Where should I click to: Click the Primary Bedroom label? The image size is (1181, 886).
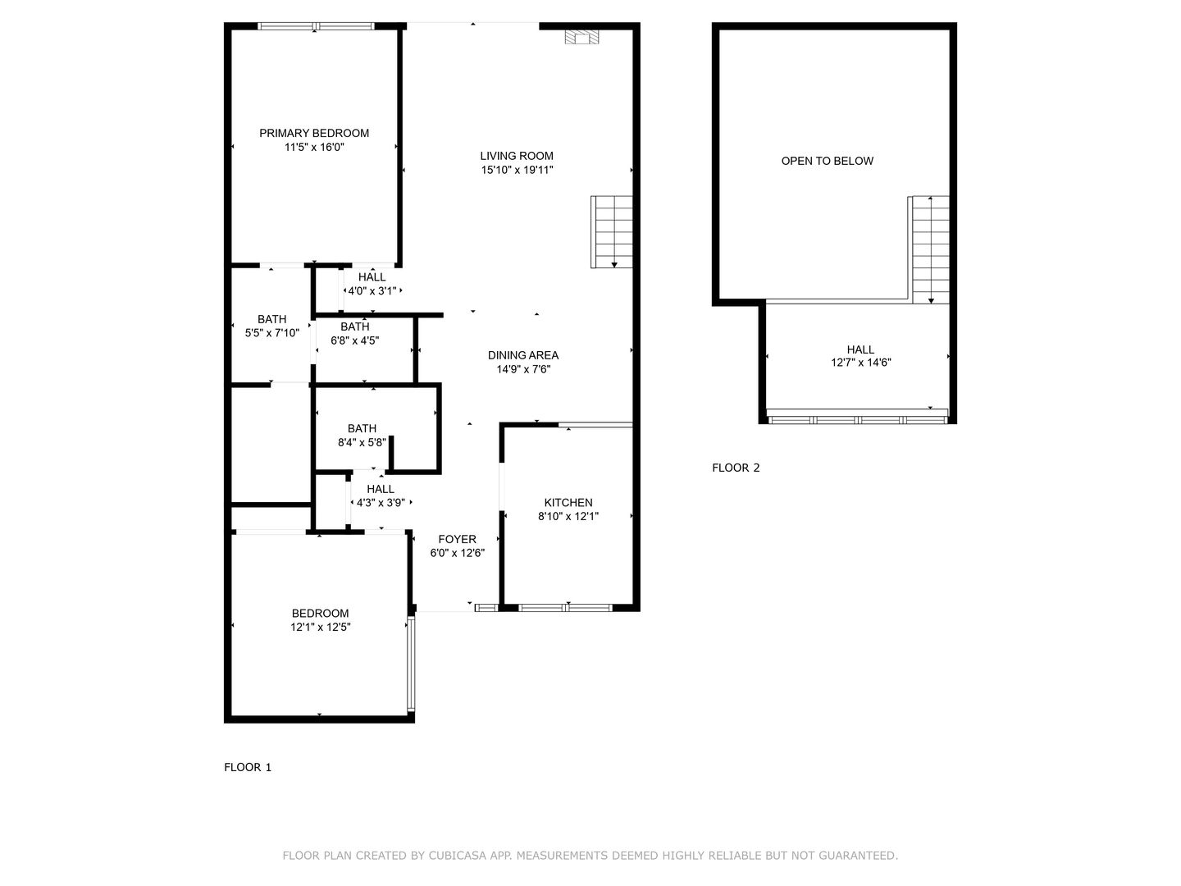(x=314, y=133)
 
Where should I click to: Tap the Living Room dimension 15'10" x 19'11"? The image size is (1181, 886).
(x=517, y=170)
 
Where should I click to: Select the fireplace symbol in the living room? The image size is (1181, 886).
(x=581, y=37)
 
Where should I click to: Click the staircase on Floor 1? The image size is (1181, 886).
(x=613, y=231)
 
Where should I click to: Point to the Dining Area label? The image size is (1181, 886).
(x=522, y=355)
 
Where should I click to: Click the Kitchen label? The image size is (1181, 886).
(x=568, y=503)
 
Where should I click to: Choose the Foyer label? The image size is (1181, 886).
(x=457, y=539)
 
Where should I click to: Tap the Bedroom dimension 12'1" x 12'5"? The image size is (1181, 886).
(x=320, y=627)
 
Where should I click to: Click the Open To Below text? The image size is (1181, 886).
(x=827, y=161)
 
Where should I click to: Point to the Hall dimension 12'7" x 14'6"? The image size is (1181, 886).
(x=860, y=362)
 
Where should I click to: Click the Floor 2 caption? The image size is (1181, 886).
(x=736, y=468)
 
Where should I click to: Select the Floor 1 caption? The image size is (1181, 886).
(x=248, y=767)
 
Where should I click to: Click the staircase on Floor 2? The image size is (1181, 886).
(x=930, y=249)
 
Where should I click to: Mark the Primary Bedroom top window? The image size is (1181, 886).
(x=316, y=26)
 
